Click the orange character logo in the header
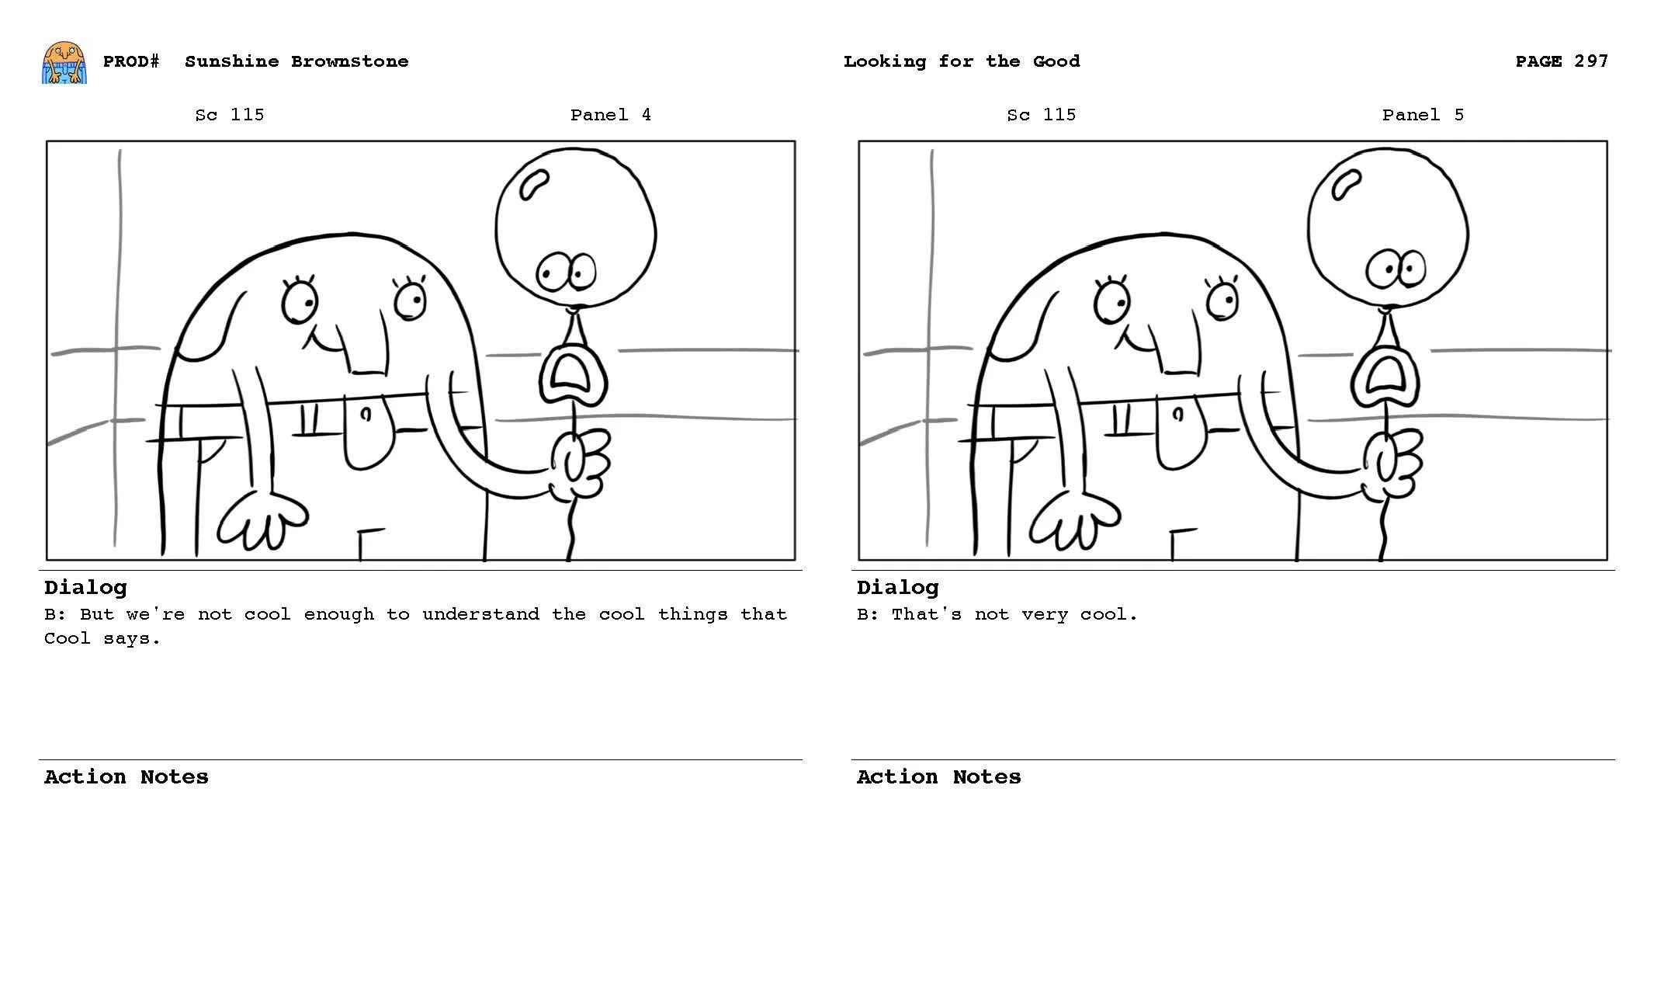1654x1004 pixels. click(64, 63)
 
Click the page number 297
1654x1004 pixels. click(1590, 61)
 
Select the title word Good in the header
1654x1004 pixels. click(1056, 61)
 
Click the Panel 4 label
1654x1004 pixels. click(610, 115)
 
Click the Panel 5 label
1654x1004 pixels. click(1422, 115)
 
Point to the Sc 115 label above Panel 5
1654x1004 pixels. click(1041, 115)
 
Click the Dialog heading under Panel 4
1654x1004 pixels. click(85, 588)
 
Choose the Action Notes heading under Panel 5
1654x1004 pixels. click(938, 777)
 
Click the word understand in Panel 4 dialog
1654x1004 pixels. click(480, 614)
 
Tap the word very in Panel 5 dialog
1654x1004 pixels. click(1045, 614)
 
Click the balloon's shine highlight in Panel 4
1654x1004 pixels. click(534, 185)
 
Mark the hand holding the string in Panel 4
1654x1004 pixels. click(580, 465)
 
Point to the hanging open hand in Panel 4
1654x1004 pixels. click(262, 519)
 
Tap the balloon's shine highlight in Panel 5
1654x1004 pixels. click(1346, 185)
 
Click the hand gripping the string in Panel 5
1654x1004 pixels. click(1392, 465)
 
